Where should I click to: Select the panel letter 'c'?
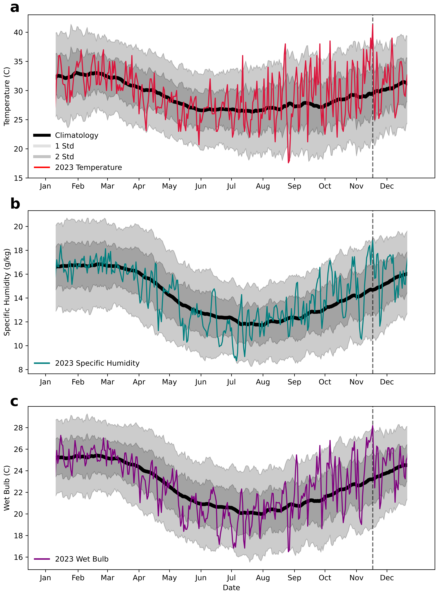click(14, 401)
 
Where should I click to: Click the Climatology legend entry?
click(77, 135)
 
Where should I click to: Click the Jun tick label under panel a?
click(201, 186)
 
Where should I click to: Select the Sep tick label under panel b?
click(294, 382)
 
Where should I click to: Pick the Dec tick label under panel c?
click(387, 578)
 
